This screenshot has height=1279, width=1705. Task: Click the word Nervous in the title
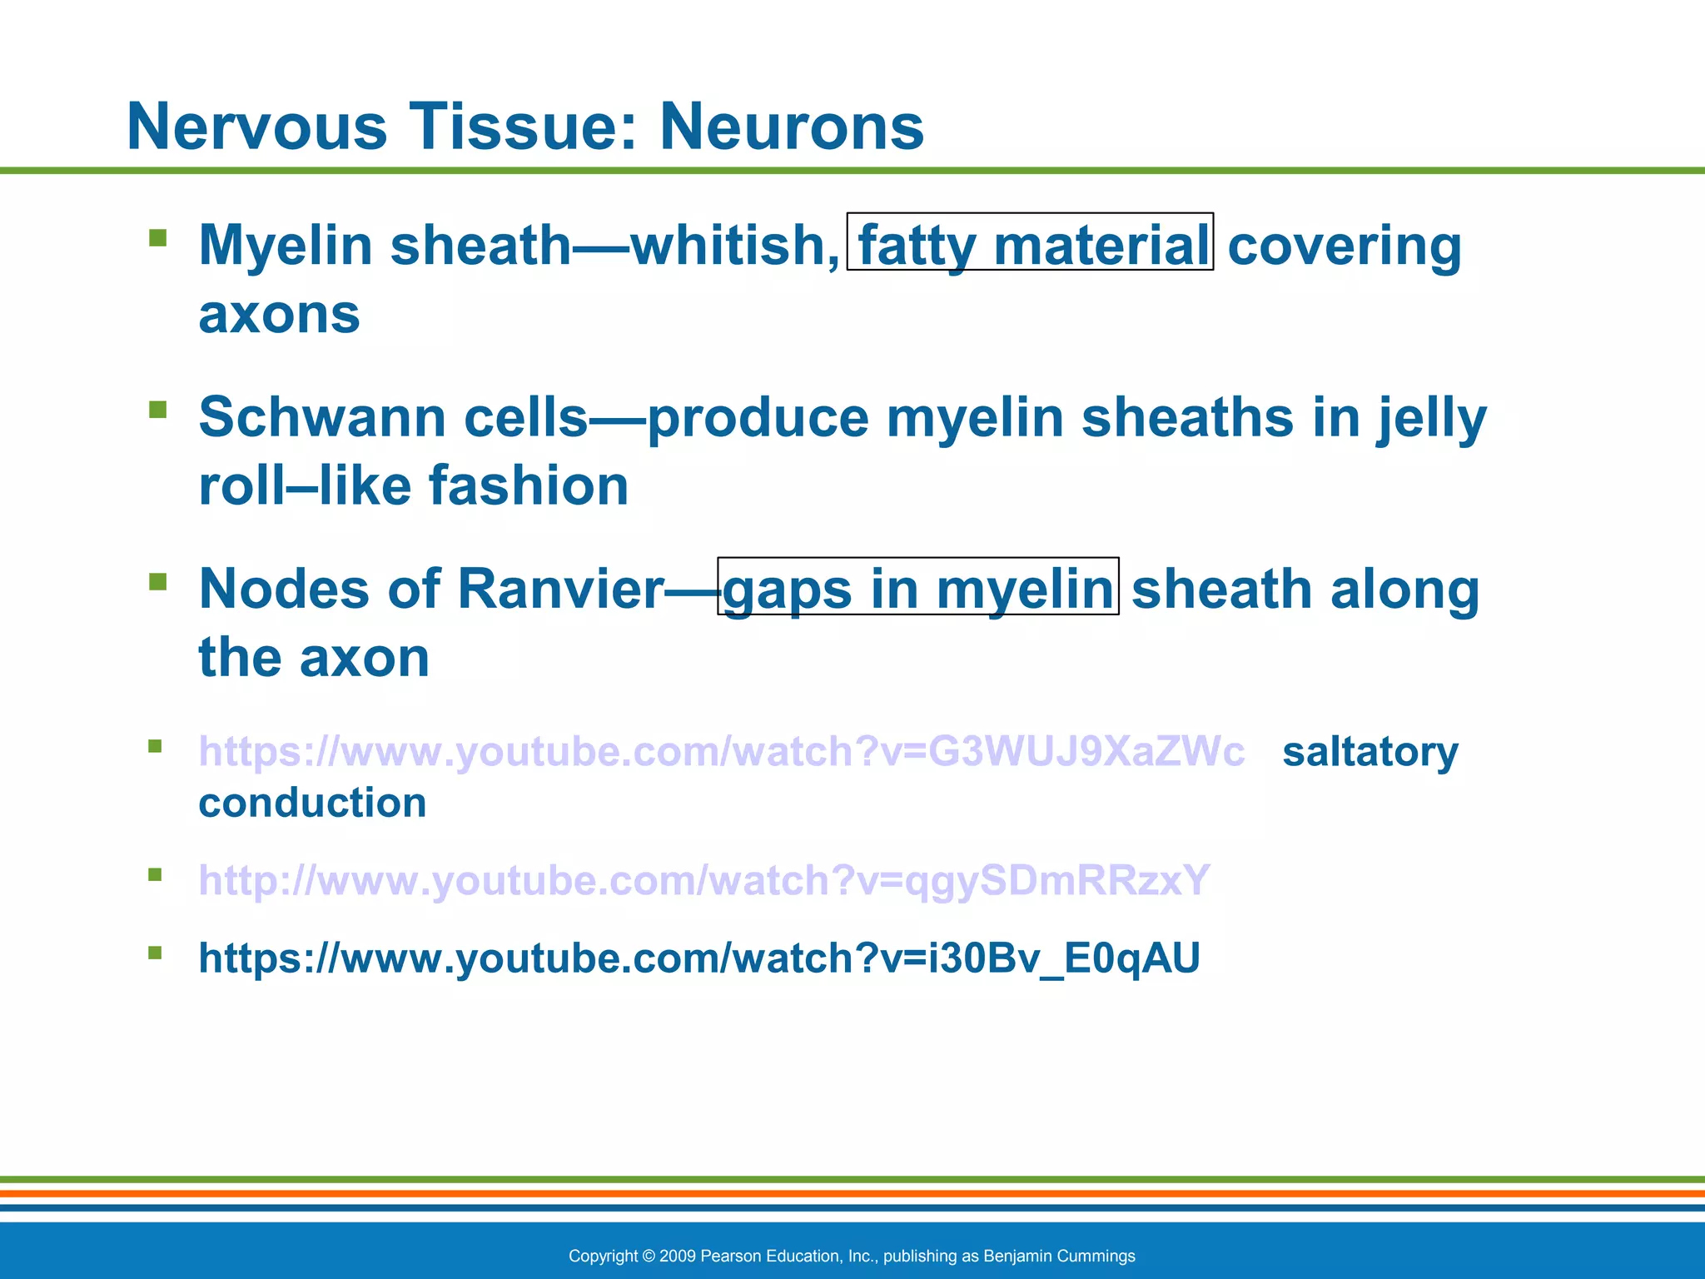click(257, 127)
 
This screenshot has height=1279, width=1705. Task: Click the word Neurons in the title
click(792, 127)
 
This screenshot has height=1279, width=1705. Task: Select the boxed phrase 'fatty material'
click(1030, 243)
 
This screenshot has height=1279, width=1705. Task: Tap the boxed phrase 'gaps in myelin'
click(917, 587)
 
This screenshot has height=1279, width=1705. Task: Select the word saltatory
click(1369, 752)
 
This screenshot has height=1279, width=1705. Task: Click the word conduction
click(312, 803)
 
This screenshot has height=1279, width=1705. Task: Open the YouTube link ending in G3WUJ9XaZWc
click(721, 752)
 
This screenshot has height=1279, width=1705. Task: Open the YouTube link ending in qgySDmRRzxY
click(703, 880)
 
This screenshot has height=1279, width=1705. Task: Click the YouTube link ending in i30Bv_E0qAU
click(698, 958)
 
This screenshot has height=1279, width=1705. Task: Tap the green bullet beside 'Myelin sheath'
click(157, 239)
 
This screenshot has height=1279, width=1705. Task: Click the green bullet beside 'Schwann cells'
click(157, 410)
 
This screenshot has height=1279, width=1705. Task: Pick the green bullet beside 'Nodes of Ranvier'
click(157, 581)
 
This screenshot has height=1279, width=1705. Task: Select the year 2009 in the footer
click(677, 1256)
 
